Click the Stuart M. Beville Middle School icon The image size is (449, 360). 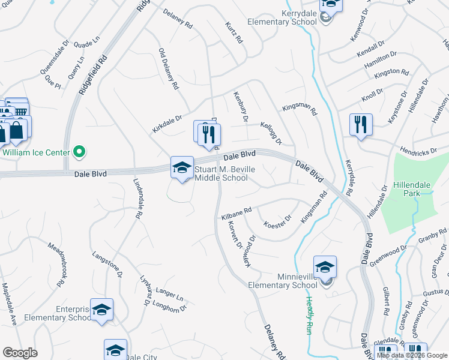point(182,167)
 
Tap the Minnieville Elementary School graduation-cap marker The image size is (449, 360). point(325,266)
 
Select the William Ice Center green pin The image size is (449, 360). point(77,152)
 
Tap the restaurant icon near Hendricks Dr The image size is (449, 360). point(361,125)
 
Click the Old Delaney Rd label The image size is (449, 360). point(169,68)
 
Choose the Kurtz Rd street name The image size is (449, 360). point(234,32)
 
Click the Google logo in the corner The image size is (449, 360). point(20,353)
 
